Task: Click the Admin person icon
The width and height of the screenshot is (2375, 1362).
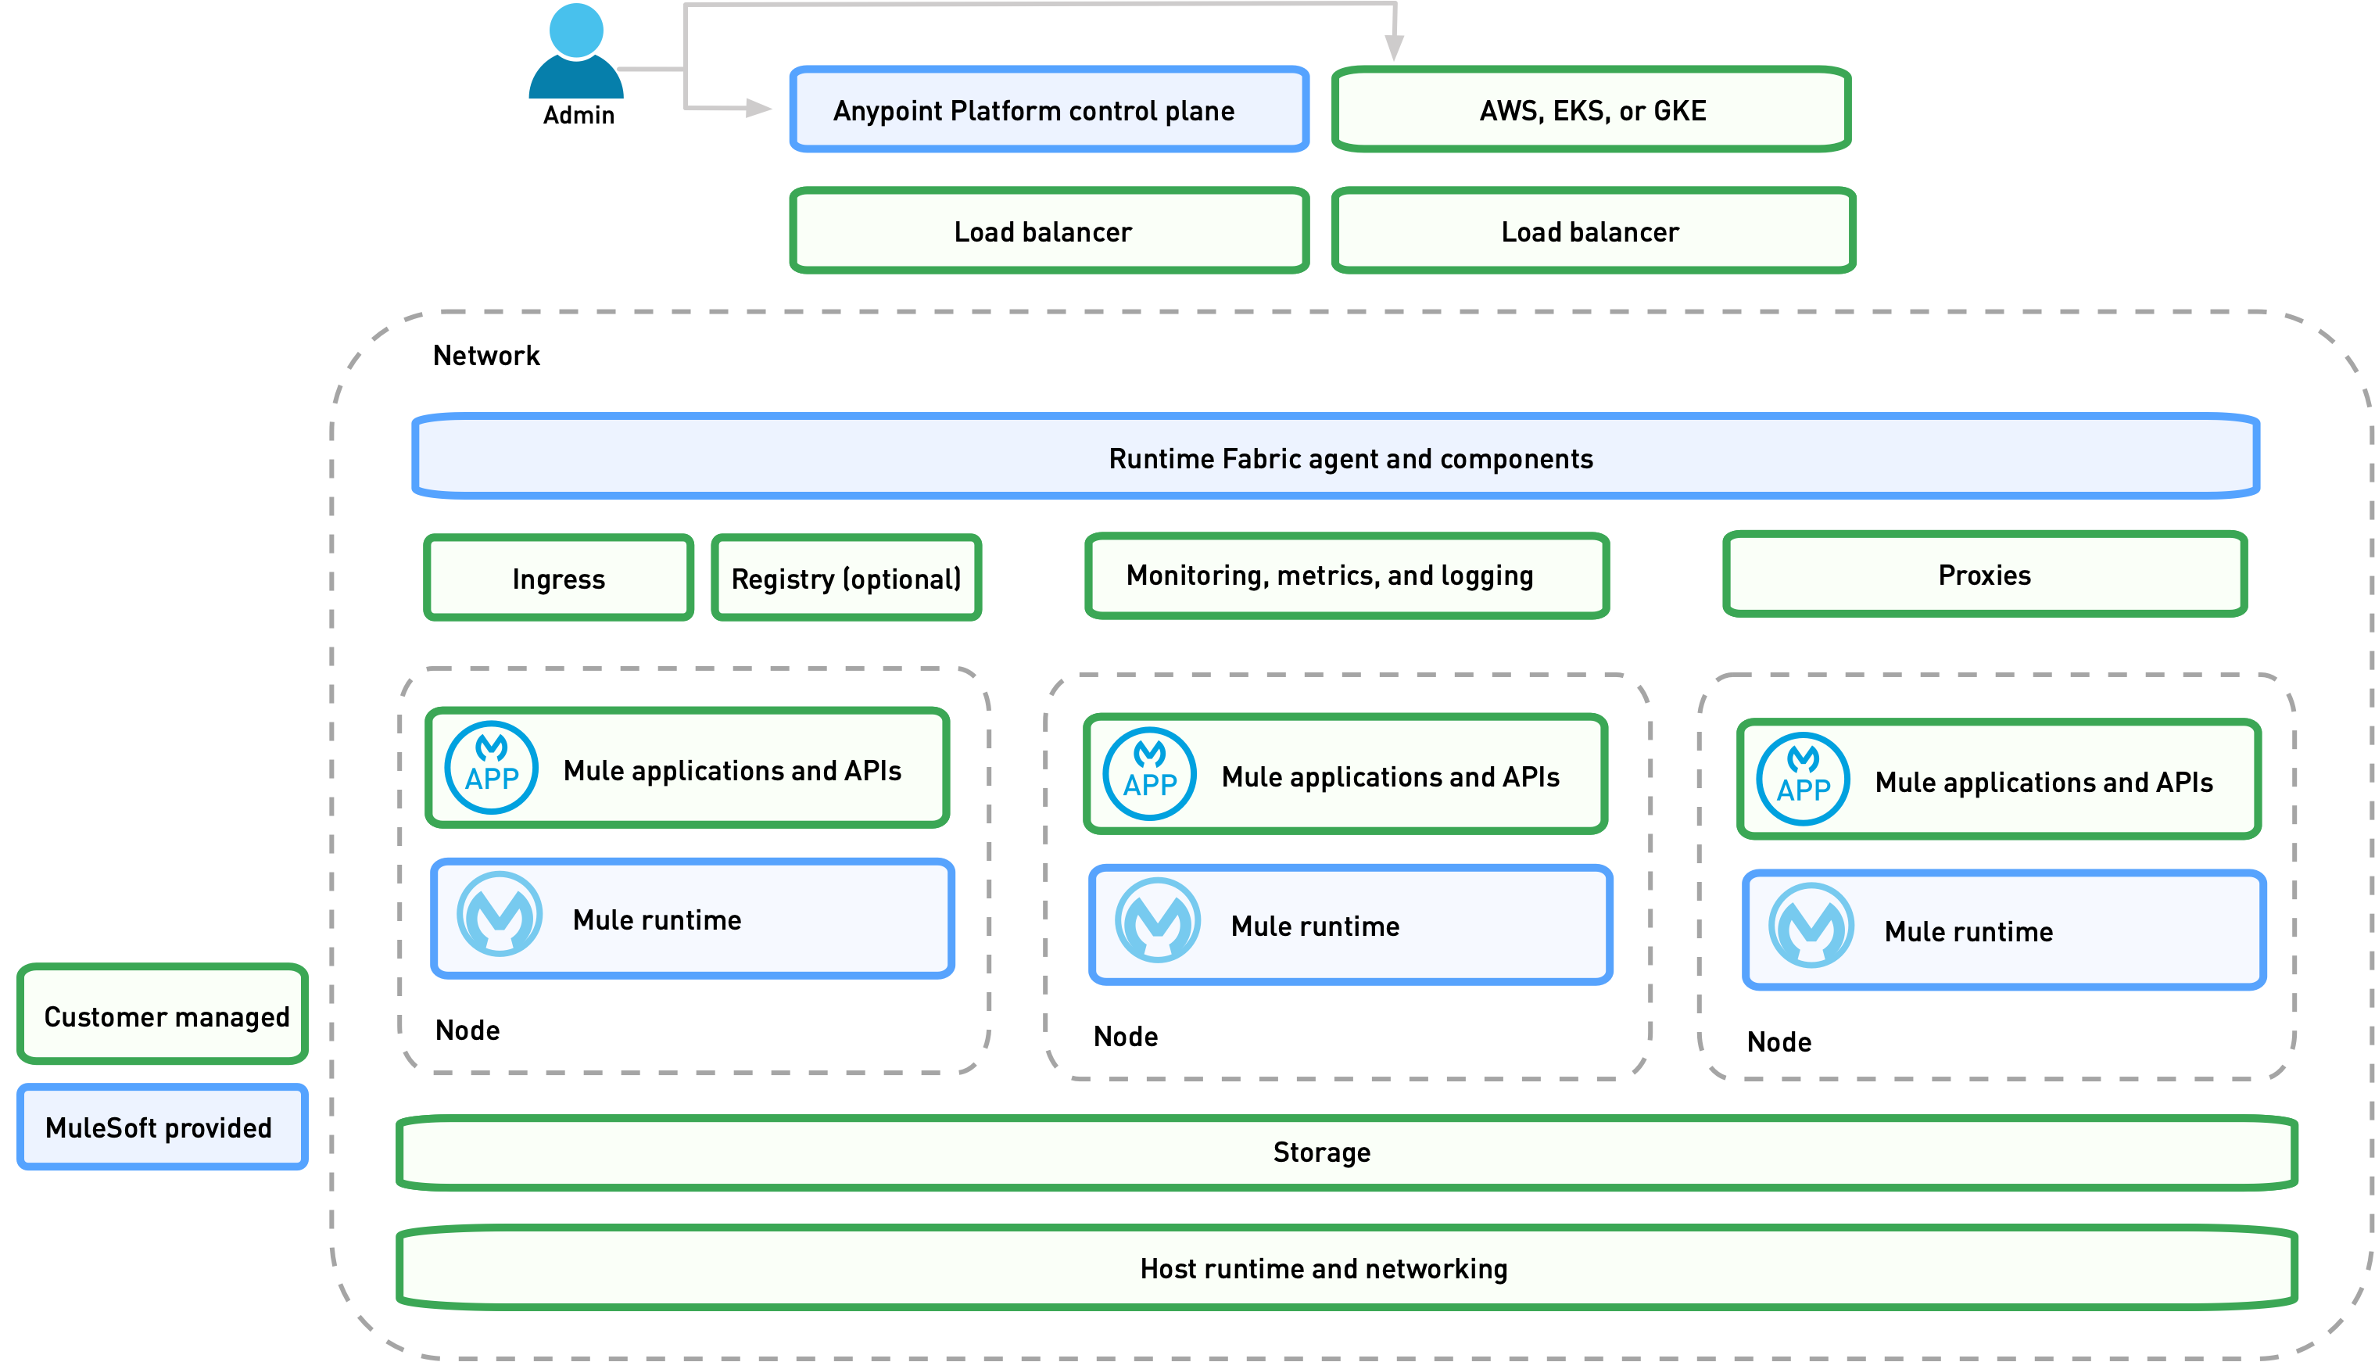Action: [575, 52]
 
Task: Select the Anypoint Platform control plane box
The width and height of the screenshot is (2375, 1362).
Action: [1048, 109]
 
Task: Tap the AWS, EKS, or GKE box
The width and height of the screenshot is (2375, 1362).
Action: [1591, 109]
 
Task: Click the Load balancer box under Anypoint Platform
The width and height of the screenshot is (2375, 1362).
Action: [1048, 231]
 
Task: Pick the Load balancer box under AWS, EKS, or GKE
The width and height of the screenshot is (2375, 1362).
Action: [1592, 231]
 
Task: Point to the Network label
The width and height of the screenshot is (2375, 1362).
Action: [486, 356]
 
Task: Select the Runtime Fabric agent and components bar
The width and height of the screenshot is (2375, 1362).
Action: [1335, 457]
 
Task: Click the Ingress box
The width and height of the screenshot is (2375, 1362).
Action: [558, 578]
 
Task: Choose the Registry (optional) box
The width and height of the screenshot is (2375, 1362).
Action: [846, 578]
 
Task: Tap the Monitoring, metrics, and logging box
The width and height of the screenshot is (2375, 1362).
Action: [1346, 575]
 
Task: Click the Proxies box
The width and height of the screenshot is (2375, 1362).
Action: [1984, 575]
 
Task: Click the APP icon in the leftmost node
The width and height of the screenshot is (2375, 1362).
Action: [491, 768]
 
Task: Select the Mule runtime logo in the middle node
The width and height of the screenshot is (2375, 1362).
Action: [1157, 920]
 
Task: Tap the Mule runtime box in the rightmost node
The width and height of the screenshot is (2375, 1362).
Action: [2003, 930]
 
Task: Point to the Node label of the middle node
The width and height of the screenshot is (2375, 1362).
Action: [1125, 1037]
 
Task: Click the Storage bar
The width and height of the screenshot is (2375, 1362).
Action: [1346, 1152]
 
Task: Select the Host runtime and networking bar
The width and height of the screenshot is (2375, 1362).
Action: [1346, 1267]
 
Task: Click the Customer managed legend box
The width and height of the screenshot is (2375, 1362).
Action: [163, 1015]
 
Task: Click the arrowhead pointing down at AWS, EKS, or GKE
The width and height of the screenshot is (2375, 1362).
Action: [1393, 48]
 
